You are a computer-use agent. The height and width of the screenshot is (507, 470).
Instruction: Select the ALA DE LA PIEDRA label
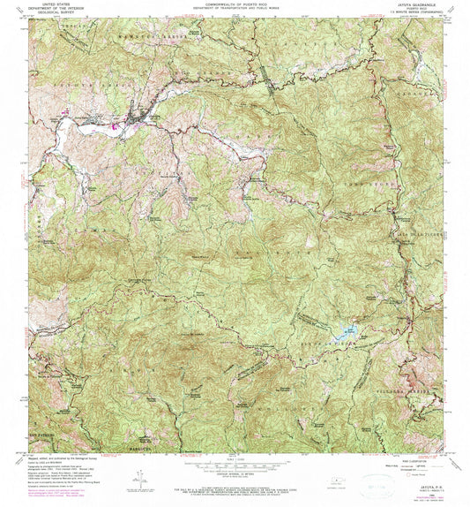414,231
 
